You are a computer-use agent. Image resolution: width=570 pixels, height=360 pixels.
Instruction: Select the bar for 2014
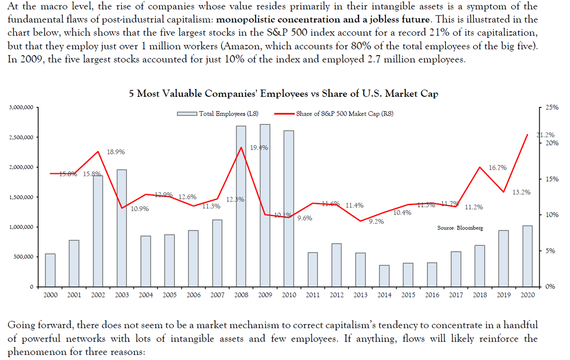[x=384, y=276]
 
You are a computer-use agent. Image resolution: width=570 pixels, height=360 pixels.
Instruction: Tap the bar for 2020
[x=527, y=256]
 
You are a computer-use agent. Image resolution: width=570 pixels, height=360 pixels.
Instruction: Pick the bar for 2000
[x=50, y=270]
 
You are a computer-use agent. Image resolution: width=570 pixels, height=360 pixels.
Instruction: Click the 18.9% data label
[x=116, y=152]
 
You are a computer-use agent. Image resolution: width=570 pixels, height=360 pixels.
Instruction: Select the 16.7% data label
[x=497, y=168]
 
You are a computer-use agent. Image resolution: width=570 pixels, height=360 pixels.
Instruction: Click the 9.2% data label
[x=376, y=221]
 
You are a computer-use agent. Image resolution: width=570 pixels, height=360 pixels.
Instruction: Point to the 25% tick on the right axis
[x=551, y=108]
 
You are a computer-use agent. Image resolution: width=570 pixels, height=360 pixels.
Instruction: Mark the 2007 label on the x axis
[x=217, y=295]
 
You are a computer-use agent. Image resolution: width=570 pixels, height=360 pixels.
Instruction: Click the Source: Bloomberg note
[x=459, y=228]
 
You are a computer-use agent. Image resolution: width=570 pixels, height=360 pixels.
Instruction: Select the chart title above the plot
[x=284, y=94]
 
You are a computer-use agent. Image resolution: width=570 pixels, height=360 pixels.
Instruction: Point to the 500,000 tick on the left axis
[x=23, y=257]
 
